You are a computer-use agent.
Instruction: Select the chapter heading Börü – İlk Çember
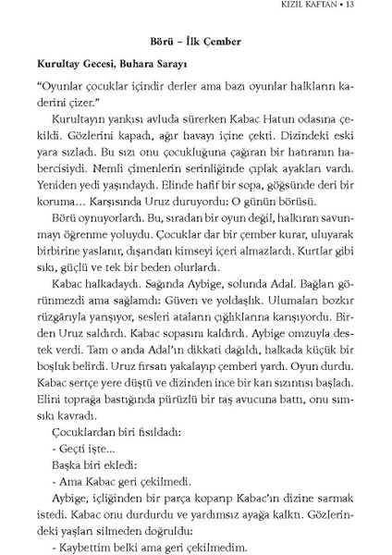pyautogui.click(x=194, y=42)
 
